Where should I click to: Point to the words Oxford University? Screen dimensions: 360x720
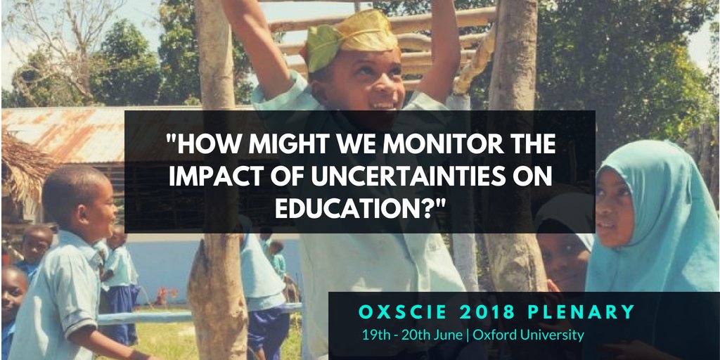coord(528,335)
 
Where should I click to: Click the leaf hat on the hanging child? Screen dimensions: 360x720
coord(349,39)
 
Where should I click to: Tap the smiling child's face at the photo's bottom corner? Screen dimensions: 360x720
coord(13,295)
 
